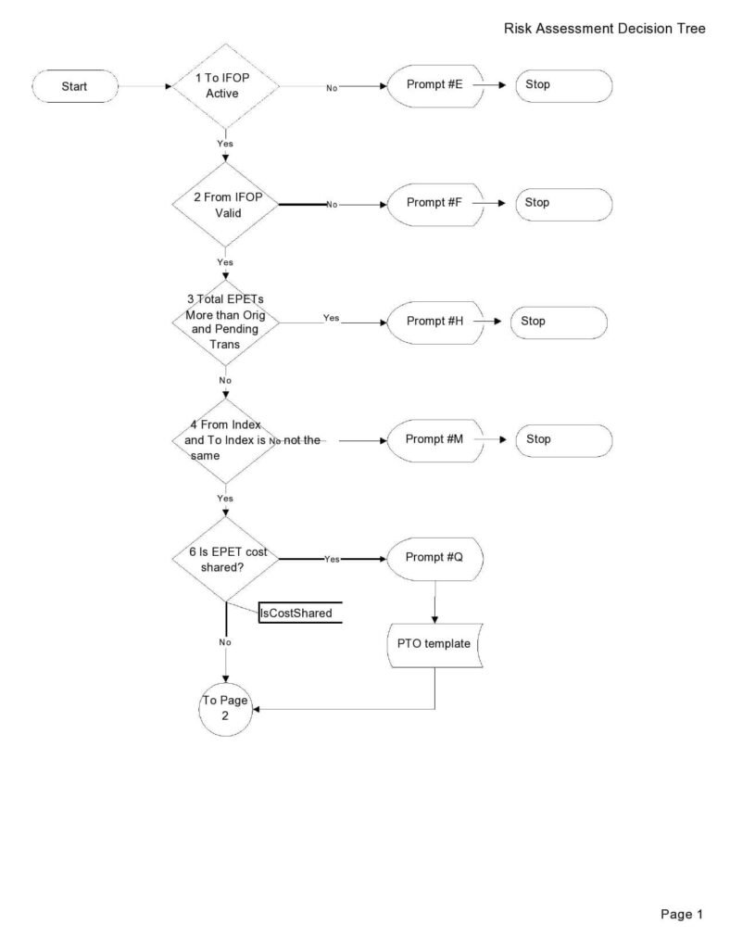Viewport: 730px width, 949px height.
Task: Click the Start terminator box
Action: (x=74, y=86)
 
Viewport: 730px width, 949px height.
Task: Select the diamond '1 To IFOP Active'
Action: (x=225, y=86)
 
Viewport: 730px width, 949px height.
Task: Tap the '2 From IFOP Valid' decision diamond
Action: (x=225, y=205)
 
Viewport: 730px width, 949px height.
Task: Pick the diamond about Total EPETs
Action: (x=225, y=322)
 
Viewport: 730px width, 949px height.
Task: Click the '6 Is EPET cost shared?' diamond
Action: (x=225, y=559)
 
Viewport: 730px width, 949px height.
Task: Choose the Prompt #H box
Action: (x=434, y=322)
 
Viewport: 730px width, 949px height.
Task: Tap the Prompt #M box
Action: (x=434, y=440)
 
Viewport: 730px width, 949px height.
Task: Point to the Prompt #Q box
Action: (x=434, y=559)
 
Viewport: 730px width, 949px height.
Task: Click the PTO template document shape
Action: (x=434, y=645)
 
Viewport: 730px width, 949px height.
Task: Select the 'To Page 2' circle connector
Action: (x=225, y=709)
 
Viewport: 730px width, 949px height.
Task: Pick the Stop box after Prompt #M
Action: (x=563, y=440)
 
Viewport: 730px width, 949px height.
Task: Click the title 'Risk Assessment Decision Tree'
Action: (x=604, y=29)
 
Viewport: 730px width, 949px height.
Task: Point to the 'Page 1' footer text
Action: (x=682, y=915)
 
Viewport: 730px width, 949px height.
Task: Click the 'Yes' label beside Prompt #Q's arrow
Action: (x=332, y=560)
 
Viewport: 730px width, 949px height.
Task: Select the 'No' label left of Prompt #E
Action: (x=331, y=88)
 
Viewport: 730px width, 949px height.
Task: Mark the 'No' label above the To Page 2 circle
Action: (x=225, y=642)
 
